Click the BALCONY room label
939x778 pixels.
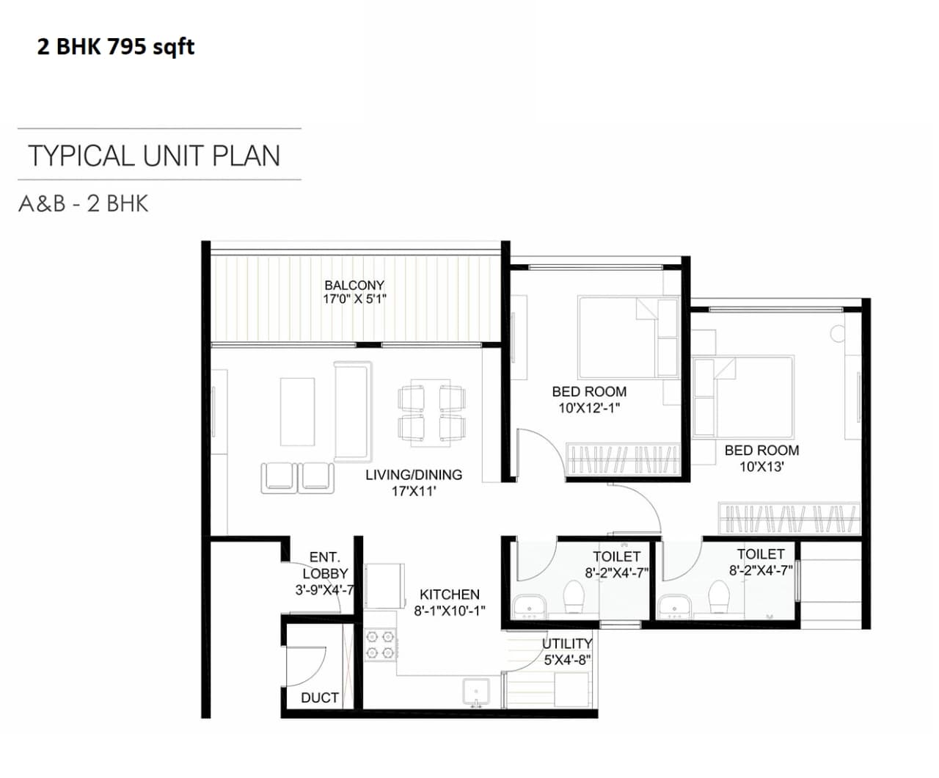pos(354,285)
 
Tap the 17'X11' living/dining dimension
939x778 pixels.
pos(414,491)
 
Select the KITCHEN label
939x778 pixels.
pos(450,595)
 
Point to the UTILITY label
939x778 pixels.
pos(566,644)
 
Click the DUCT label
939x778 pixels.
pos(320,698)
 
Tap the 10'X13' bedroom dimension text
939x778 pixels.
pos(761,467)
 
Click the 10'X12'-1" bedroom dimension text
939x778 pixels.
pos(589,408)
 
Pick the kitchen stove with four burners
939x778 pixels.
pos(381,644)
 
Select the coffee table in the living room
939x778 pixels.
pos(297,411)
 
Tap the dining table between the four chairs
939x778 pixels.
pos(431,412)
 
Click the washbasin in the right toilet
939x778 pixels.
pos(674,606)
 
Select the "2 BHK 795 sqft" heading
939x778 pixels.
pos(116,47)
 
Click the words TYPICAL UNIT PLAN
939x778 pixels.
pos(154,156)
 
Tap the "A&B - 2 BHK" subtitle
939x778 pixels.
pos(84,203)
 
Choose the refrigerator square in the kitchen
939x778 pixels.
pos(384,585)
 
